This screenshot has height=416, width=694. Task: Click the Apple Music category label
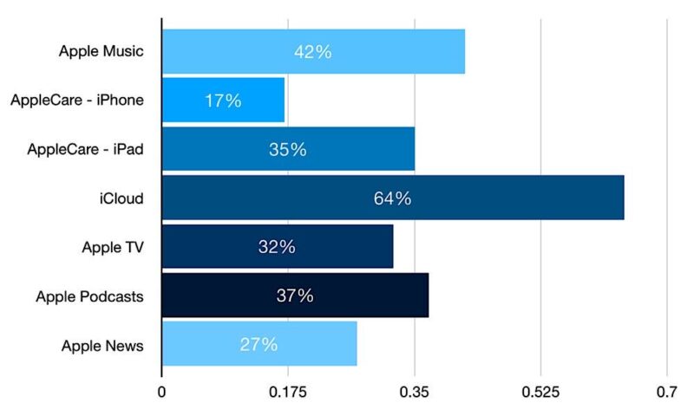click(x=101, y=51)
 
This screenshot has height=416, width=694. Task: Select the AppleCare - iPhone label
click(x=77, y=101)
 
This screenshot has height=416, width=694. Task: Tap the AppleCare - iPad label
click(x=85, y=150)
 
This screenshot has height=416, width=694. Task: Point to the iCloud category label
click(x=121, y=198)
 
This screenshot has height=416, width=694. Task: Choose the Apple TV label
click(x=112, y=248)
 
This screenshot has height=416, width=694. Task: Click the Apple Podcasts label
click(x=89, y=296)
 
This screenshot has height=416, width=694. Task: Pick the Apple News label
click(x=102, y=346)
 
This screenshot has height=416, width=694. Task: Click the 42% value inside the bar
click(x=312, y=52)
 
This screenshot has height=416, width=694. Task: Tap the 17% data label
click(x=223, y=101)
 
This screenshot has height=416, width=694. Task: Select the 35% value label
click(x=287, y=150)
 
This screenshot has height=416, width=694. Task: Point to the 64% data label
click(x=392, y=198)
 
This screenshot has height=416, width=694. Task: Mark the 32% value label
click(x=277, y=247)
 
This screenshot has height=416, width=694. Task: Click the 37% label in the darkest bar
click(x=295, y=296)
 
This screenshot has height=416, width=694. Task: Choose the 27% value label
click(x=259, y=345)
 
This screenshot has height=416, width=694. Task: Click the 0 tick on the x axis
click(x=162, y=393)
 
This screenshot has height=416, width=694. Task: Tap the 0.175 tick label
click(x=288, y=393)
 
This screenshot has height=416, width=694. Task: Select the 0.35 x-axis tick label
click(x=415, y=393)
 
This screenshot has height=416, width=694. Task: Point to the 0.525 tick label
click(x=540, y=393)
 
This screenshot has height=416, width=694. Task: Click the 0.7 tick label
click(x=666, y=393)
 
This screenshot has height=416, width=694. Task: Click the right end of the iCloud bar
click(x=622, y=198)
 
